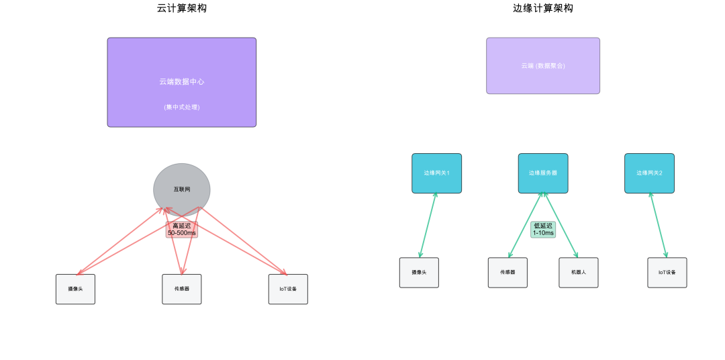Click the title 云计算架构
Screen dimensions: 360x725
pyautogui.click(x=181, y=8)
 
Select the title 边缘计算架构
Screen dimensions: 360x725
pyautogui.click(x=542, y=8)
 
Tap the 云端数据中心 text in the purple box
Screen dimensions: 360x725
pyautogui.click(x=181, y=81)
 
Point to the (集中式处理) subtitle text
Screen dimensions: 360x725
pyautogui.click(x=181, y=107)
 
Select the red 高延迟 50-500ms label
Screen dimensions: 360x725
pyautogui.click(x=181, y=229)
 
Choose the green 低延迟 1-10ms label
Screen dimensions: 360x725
pyautogui.click(x=543, y=229)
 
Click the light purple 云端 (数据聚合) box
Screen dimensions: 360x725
pyautogui.click(x=542, y=66)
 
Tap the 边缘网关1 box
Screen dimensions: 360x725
pyautogui.click(x=436, y=173)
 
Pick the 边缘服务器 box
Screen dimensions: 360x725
pyautogui.click(x=542, y=173)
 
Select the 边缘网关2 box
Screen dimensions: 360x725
pyautogui.click(x=649, y=173)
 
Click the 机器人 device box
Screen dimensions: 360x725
pyautogui.click(x=578, y=272)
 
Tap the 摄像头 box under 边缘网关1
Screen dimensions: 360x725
pyautogui.click(x=419, y=272)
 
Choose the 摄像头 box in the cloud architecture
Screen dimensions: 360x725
pyautogui.click(x=75, y=289)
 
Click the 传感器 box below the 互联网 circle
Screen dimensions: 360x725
pyautogui.click(x=181, y=289)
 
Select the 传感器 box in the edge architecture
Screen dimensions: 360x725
pyautogui.click(x=507, y=272)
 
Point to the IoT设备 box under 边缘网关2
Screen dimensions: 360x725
pyautogui.click(x=667, y=272)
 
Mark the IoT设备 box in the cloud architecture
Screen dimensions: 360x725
pyautogui.click(x=288, y=289)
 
